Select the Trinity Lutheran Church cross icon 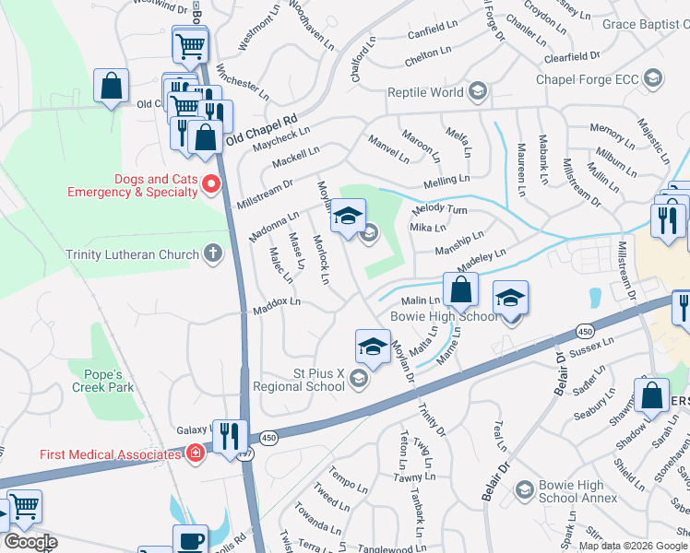[213, 253]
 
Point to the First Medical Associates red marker [195, 453]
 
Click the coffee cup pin [190, 541]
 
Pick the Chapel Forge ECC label [589, 79]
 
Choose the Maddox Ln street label [277, 306]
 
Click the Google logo [30, 543]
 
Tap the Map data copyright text [633, 546]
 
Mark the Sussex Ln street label [592, 348]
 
